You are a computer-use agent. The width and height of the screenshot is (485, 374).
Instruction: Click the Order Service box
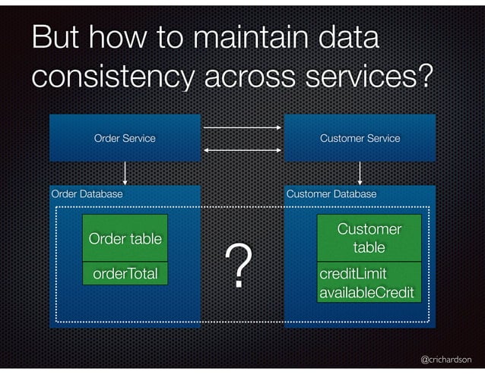point(125,138)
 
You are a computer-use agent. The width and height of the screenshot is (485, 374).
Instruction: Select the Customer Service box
point(360,138)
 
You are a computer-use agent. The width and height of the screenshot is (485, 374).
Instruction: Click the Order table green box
point(125,239)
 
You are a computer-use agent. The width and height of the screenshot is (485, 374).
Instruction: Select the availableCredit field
point(366,292)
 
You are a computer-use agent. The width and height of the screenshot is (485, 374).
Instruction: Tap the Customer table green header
point(369,238)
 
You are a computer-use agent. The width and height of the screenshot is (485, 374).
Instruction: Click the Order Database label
point(87,194)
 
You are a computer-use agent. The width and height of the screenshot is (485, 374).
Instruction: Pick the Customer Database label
point(331,194)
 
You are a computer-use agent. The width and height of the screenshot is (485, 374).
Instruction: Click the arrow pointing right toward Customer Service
point(242,126)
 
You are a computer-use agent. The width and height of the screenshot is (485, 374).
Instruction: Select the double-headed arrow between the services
point(242,150)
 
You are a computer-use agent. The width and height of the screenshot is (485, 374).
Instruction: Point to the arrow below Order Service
point(125,173)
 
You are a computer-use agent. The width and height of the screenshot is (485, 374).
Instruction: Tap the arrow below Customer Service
point(360,173)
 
